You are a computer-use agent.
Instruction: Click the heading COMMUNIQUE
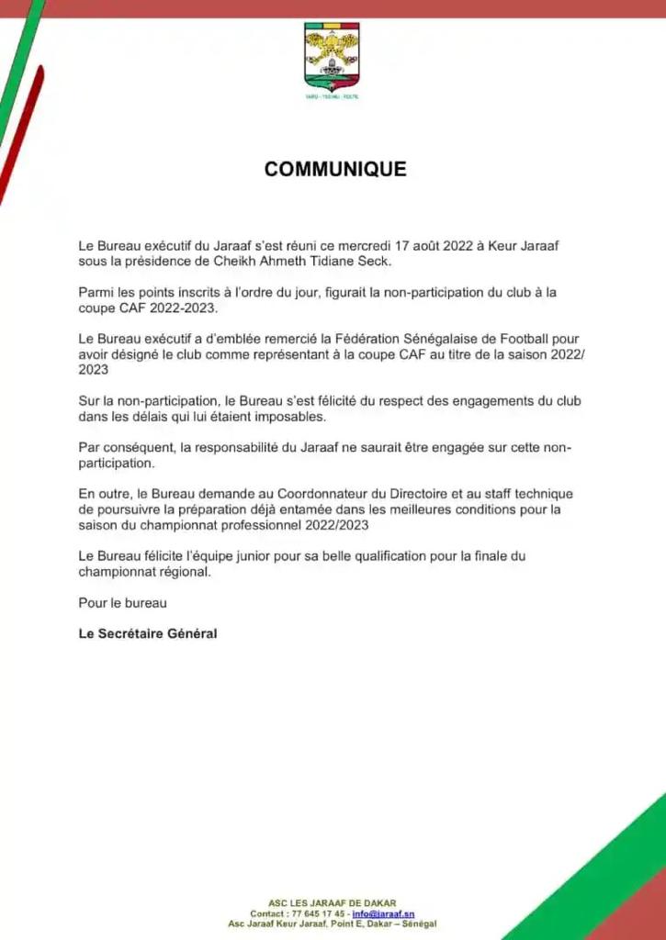click(x=335, y=170)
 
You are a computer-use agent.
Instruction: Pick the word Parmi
click(x=96, y=292)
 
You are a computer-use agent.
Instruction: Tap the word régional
click(x=183, y=571)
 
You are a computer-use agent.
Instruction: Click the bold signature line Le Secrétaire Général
click(x=148, y=633)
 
